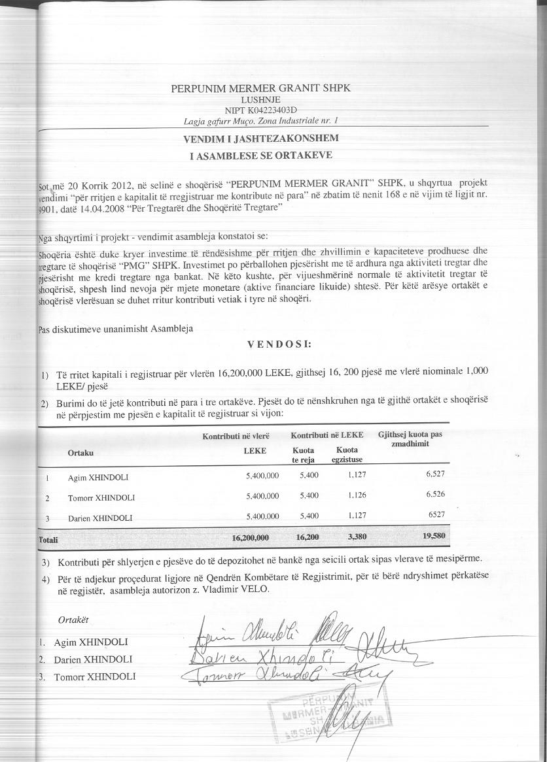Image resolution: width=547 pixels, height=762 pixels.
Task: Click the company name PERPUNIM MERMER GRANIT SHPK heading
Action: (x=261, y=88)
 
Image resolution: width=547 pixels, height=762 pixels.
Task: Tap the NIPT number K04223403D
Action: (x=260, y=110)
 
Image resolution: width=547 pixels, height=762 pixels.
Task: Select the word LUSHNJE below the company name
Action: (x=260, y=99)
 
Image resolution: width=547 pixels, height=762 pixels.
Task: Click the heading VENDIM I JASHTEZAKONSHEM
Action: (x=261, y=139)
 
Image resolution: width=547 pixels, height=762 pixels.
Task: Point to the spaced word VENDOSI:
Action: (x=279, y=344)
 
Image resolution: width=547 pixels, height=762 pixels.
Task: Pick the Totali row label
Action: (x=48, y=540)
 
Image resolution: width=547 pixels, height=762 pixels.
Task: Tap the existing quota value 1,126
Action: (x=355, y=495)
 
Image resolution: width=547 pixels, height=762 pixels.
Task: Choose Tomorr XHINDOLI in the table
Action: (x=101, y=497)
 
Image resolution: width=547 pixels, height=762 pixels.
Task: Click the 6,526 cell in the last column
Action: (x=435, y=494)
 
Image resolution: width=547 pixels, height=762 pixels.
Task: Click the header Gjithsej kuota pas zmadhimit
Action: (x=410, y=439)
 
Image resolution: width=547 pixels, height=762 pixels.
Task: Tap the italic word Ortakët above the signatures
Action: (x=73, y=619)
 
